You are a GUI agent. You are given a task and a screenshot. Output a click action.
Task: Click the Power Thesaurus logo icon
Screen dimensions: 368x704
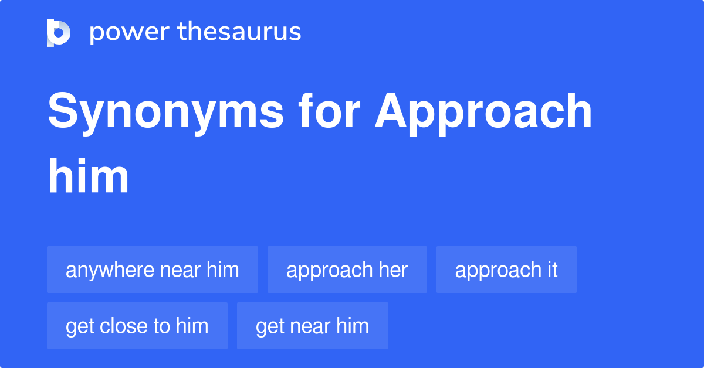click(59, 32)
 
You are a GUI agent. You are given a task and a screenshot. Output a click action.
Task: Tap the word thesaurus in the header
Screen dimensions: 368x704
click(239, 32)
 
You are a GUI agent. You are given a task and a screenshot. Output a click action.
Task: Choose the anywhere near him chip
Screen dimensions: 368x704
click(153, 270)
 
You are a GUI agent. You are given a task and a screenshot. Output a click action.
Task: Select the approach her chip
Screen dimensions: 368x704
click(347, 270)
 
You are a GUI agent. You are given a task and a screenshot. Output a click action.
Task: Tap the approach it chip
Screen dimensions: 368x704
click(506, 270)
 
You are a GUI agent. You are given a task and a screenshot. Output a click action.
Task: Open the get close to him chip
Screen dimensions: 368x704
click(137, 326)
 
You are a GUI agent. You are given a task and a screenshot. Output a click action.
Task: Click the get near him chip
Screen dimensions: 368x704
click(313, 326)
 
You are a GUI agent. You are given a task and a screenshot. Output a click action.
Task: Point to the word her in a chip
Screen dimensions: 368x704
click(393, 270)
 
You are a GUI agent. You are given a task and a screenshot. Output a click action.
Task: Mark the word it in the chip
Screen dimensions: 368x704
click(551, 270)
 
